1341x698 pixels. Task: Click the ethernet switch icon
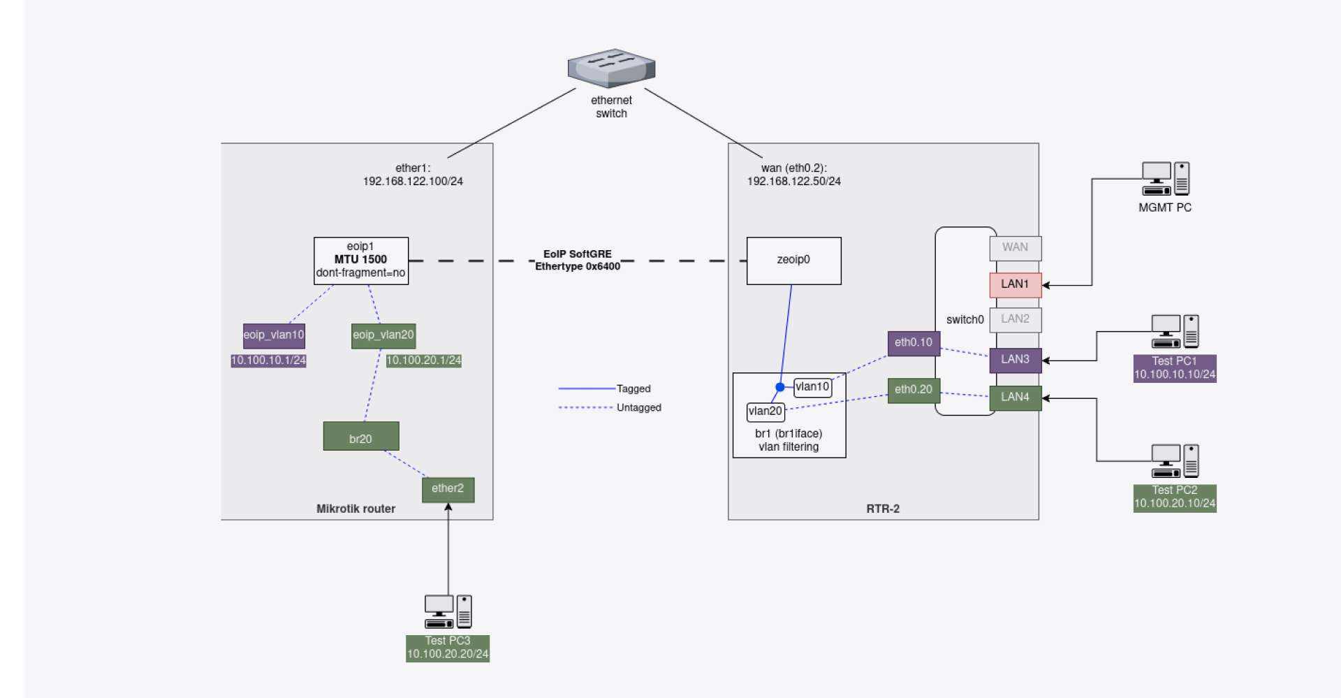[611, 68]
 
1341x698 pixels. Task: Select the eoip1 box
[360, 261]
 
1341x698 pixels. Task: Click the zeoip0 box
[793, 261]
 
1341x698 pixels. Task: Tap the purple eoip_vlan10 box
[274, 335]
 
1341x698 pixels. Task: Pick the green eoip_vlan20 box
[383, 335]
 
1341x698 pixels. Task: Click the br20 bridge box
[360, 437]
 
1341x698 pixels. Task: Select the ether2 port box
[448, 489]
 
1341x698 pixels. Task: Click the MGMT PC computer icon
[1165, 179]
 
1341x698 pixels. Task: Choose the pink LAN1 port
[1015, 284]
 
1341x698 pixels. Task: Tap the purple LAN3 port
[1015, 360]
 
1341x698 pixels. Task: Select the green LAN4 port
[1015, 398]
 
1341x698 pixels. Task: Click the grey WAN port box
[1015, 247]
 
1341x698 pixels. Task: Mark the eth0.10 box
[914, 343]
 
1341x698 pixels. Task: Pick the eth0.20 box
[914, 390]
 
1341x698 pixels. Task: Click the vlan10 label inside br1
[812, 387]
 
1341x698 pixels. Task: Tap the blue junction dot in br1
[780, 387]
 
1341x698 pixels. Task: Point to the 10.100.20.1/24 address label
[423, 361]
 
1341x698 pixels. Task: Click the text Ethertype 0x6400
[578, 266]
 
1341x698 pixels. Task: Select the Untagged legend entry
[638, 408]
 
